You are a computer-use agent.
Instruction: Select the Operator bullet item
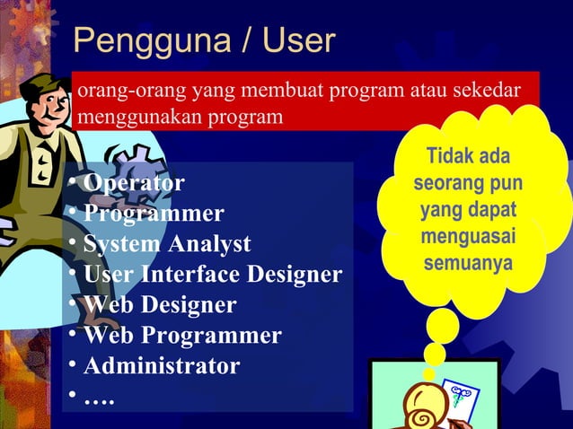[134, 183]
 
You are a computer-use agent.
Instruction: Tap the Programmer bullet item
[154, 214]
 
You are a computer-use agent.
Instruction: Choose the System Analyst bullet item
[167, 244]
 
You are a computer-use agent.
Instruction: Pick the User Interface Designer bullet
[212, 275]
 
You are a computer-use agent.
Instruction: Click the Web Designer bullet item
[160, 305]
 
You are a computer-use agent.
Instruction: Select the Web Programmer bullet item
[182, 336]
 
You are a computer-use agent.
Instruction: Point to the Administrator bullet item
[162, 366]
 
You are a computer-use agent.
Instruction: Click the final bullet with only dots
[99, 396]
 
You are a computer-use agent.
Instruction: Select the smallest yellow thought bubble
[429, 372]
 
